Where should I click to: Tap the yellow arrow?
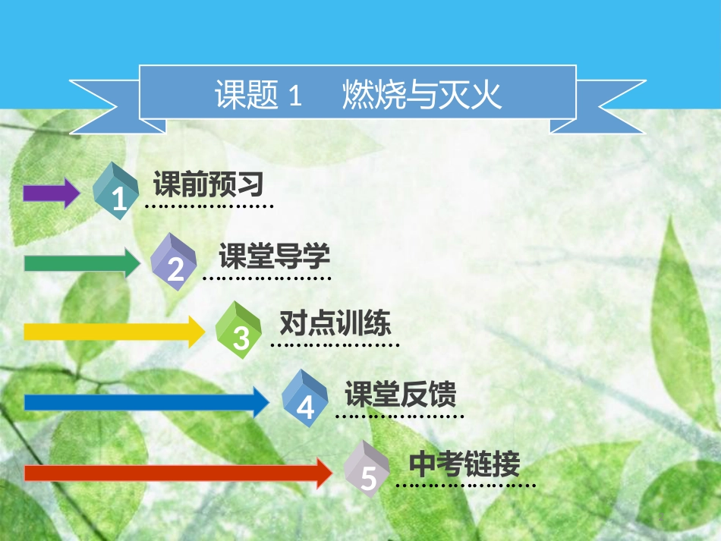click(x=114, y=332)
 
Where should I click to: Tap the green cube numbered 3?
click(x=239, y=330)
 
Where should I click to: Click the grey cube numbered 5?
click(x=367, y=470)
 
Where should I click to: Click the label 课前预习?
click(x=208, y=184)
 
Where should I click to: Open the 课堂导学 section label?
click(x=274, y=256)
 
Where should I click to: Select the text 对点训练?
click(x=335, y=324)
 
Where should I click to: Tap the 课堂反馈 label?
click(x=400, y=394)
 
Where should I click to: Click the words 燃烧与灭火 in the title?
click(x=422, y=96)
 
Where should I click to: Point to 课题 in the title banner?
click(x=247, y=97)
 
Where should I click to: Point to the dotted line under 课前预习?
click(x=209, y=206)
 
